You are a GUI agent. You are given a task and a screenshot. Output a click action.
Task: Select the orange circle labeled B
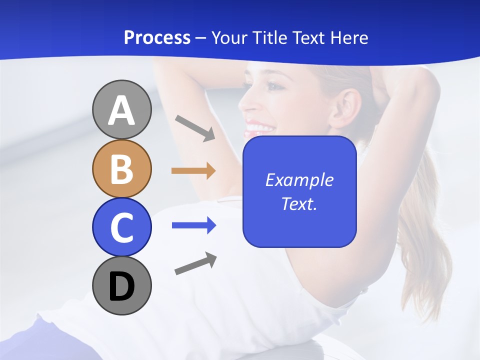(x=121, y=168)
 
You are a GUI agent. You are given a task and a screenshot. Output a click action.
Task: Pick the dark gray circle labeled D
(x=121, y=286)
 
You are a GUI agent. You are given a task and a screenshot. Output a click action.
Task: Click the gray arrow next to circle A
(x=195, y=127)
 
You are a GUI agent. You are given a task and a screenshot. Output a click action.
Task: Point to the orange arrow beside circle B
(x=193, y=171)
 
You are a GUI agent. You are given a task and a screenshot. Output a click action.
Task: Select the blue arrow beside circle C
(x=194, y=225)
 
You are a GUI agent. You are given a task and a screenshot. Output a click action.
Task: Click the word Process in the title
(x=157, y=37)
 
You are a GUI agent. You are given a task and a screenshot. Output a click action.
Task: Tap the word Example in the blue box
(x=299, y=180)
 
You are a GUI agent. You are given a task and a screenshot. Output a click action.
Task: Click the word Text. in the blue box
(x=299, y=203)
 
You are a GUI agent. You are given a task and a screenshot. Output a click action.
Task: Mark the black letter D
(x=121, y=287)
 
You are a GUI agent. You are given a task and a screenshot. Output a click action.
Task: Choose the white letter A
(x=121, y=110)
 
